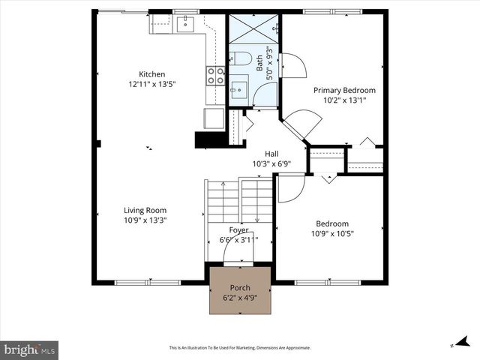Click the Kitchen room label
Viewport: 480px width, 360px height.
(x=151, y=74)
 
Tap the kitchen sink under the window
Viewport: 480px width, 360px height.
(x=184, y=24)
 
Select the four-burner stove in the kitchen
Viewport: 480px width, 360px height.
(x=215, y=75)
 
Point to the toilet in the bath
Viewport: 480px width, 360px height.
(x=241, y=58)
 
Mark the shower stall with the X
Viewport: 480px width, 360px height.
(x=254, y=31)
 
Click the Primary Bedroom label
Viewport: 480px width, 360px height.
(x=344, y=90)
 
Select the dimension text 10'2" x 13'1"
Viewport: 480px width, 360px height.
(x=344, y=100)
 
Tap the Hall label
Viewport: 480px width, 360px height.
(x=261, y=154)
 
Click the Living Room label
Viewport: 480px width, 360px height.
(x=145, y=210)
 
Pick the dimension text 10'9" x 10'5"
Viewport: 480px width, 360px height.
(x=331, y=233)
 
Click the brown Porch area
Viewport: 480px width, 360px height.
(x=240, y=292)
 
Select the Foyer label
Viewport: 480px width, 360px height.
(x=238, y=230)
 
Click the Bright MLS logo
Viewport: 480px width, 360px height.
(x=30, y=349)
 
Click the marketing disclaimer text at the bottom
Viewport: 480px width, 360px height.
(x=240, y=348)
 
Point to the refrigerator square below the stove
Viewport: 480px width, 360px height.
(x=213, y=119)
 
